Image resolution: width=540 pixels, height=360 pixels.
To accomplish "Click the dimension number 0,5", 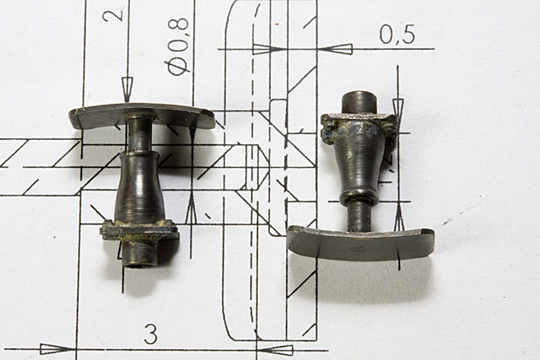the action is coord(397,35).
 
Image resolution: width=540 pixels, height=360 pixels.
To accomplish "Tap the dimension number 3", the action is coord(151,334).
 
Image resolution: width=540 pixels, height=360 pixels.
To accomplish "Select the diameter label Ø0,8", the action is coord(178,47).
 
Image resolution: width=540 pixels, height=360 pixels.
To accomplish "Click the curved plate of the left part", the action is coord(141,116).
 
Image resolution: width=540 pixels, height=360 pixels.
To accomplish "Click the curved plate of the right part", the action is coord(360,244).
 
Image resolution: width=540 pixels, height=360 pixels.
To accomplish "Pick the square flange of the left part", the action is coord(140,230).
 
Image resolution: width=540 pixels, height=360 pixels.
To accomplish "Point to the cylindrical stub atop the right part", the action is coord(359,102).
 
